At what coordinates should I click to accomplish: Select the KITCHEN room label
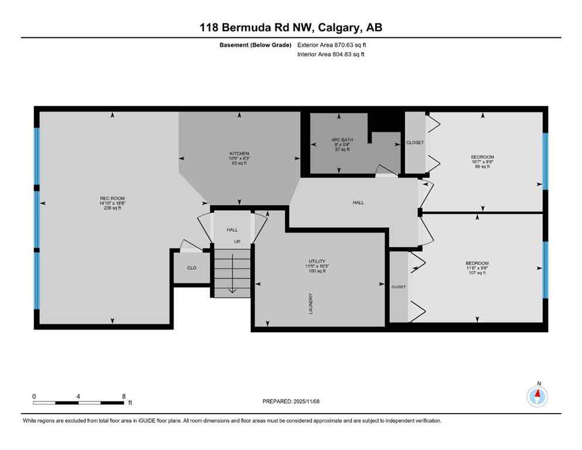(x=239, y=154)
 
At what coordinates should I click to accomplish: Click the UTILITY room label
(x=317, y=261)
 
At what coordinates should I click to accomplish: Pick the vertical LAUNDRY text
(x=311, y=303)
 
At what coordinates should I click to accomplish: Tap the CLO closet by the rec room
(x=192, y=268)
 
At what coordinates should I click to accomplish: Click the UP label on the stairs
(x=237, y=241)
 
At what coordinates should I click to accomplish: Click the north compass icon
(x=537, y=397)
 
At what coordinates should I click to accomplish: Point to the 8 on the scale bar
(x=124, y=396)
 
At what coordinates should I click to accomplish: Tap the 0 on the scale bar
(x=34, y=396)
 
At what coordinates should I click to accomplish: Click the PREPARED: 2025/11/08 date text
(x=291, y=401)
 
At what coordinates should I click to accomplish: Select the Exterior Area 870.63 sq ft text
(x=332, y=45)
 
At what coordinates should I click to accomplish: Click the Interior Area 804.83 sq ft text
(x=331, y=54)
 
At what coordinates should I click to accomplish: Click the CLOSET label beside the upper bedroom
(x=415, y=142)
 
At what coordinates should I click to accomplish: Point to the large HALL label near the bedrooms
(x=358, y=203)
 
